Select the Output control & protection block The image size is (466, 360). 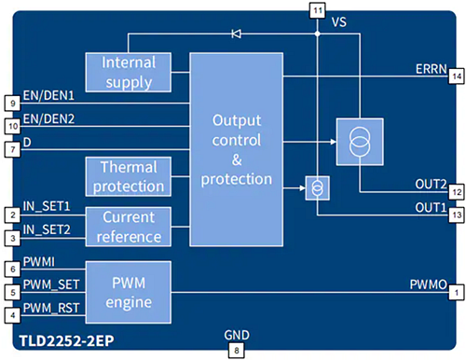(237, 150)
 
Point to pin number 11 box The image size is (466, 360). (317, 10)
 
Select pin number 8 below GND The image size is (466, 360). (237, 351)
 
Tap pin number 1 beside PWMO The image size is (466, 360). (456, 292)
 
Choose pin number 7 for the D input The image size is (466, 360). (10, 149)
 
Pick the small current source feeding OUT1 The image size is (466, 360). (317, 187)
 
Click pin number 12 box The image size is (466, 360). (456, 191)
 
